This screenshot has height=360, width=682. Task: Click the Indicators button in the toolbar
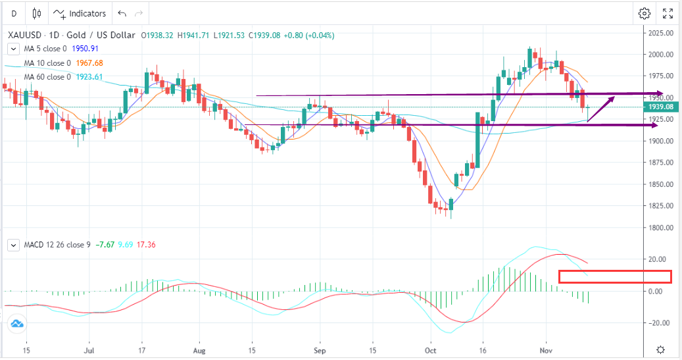(80, 13)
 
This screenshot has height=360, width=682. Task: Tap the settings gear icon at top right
(645, 13)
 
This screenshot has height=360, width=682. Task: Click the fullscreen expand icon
(668, 13)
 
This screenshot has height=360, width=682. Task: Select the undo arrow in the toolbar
(122, 13)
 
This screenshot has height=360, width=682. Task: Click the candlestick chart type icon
(36, 13)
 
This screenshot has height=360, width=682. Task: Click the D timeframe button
(14, 13)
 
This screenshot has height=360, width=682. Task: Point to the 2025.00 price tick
(660, 33)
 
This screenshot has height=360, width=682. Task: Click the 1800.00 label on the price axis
(660, 228)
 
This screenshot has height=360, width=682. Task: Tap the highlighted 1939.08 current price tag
(660, 107)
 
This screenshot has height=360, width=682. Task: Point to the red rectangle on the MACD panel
(614, 276)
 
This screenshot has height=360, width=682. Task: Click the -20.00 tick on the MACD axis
(660, 323)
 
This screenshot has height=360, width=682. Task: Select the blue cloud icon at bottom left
(17, 324)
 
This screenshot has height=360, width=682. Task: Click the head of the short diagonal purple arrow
(614, 97)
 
